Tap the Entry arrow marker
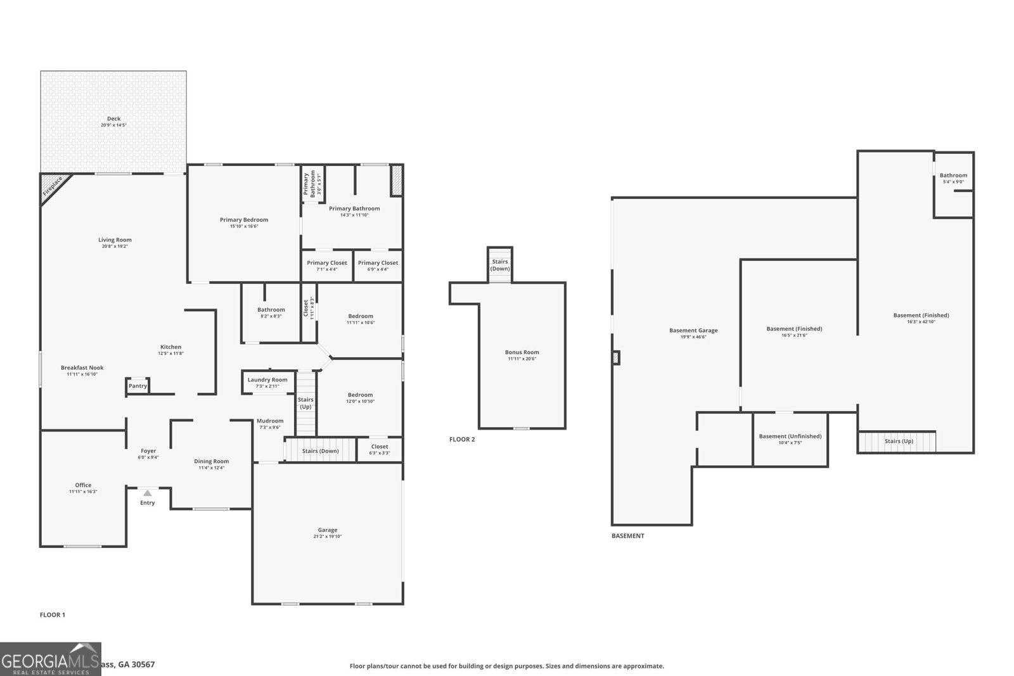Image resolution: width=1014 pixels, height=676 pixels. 147,493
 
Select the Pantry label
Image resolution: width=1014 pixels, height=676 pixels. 138,386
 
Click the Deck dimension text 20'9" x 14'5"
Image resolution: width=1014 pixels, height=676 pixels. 113,125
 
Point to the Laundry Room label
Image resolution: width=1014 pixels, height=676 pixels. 267,379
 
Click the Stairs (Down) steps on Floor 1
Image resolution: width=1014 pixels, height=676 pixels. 320,450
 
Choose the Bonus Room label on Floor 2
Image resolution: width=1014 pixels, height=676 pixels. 522,352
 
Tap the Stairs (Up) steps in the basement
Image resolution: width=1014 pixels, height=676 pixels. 897,441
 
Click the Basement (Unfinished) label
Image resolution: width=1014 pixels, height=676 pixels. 790,436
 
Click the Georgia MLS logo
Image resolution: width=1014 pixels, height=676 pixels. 51,659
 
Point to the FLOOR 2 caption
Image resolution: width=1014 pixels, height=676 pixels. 461,439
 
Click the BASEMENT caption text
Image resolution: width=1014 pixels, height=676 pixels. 627,535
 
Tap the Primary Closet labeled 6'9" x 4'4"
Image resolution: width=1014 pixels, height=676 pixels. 378,265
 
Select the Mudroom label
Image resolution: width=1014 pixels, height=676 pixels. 270,421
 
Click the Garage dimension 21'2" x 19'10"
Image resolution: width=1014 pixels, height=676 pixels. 328,537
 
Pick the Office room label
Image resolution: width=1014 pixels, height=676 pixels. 83,485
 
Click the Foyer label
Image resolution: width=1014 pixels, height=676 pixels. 148,451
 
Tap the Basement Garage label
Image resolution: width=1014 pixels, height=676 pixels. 693,330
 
